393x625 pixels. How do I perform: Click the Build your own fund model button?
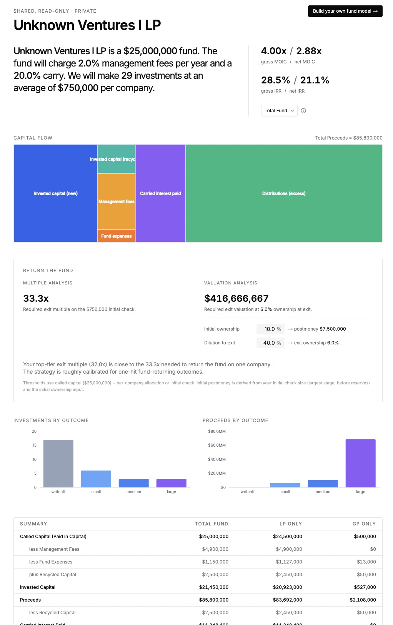click(345, 11)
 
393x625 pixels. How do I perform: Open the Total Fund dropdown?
click(279, 111)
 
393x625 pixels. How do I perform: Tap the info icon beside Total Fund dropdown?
click(303, 111)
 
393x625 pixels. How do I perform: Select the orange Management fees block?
click(116, 201)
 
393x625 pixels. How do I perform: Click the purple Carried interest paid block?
click(160, 193)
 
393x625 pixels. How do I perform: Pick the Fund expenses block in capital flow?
click(116, 236)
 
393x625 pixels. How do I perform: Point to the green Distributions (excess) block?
click(284, 193)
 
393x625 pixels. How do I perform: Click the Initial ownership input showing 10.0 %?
click(270, 329)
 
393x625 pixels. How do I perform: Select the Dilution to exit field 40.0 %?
click(270, 343)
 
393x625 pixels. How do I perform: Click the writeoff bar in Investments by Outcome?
click(58, 463)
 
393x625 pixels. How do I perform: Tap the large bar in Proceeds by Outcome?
click(360, 463)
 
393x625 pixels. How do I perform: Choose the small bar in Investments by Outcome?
click(96, 479)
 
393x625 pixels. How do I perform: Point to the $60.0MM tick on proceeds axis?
click(217, 445)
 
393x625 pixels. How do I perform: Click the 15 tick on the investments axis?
click(35, 445)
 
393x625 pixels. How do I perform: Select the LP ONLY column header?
click(291, 524)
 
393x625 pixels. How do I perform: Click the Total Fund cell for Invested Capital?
click(214, 587)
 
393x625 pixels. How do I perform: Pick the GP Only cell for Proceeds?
click(363, 600)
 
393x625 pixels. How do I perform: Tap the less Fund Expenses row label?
click(51, 562)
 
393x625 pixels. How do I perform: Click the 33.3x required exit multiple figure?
click(36, 298)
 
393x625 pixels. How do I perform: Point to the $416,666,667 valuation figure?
click(236, 298)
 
